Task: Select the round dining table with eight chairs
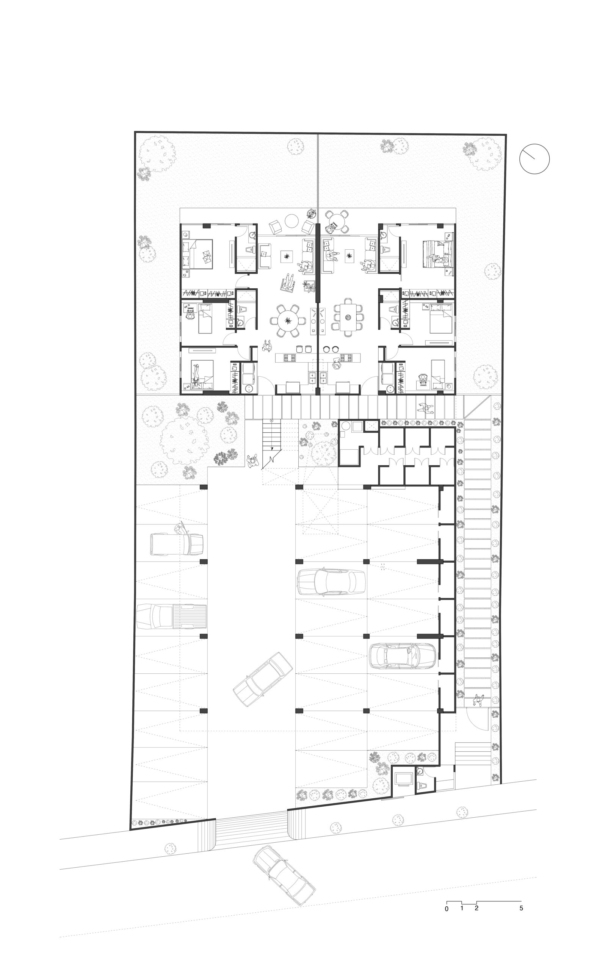coord(287,321)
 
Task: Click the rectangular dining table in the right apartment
coord(348,317)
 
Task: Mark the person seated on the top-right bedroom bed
coord(439,259)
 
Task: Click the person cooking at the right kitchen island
coord(337,363)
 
